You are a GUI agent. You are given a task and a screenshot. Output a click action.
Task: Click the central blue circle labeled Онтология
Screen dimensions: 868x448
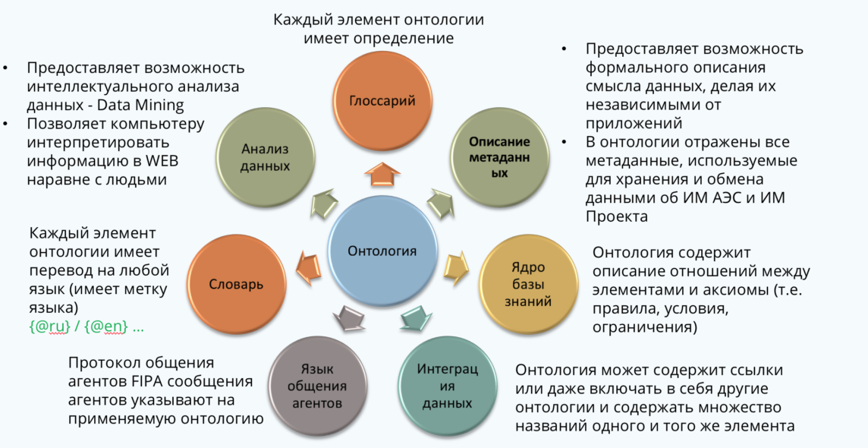click(x=382, y=251)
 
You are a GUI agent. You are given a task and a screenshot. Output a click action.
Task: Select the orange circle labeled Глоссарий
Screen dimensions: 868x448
click(x=382, y=101)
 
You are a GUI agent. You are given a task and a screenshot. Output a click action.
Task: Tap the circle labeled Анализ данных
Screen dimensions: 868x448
click(x=265, y=157)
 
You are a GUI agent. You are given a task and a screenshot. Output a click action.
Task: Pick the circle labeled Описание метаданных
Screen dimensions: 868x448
click(x=499, y=157)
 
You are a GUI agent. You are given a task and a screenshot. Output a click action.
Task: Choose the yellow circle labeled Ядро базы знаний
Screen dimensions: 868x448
click(x=528, y=285)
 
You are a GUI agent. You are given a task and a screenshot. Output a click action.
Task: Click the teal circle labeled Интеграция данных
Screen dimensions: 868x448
click(x=447, y=386)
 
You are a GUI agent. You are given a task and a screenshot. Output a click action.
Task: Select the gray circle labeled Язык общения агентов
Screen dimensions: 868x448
click(x=317, y=386)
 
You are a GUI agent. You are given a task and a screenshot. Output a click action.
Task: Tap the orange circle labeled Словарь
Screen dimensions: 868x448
click(x=237, y=285)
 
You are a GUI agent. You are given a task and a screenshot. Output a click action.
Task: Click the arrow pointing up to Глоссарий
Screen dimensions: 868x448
click(x=382, y=174)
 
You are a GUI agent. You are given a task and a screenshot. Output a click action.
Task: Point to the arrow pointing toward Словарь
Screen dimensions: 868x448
click(x=308, y=267)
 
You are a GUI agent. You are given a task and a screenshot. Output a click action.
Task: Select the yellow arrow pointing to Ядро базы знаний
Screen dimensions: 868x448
click(x=456, y=268)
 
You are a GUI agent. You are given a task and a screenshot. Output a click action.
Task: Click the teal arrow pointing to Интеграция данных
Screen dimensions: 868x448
click(x=417, y=317)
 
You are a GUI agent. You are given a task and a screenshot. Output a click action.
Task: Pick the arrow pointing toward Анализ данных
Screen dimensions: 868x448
click(x=325, y=203)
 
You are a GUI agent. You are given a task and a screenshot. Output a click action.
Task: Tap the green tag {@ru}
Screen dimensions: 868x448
click(x=50, y=327)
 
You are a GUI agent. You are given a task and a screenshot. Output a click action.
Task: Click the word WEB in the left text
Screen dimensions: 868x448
click(x=161, y=161)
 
